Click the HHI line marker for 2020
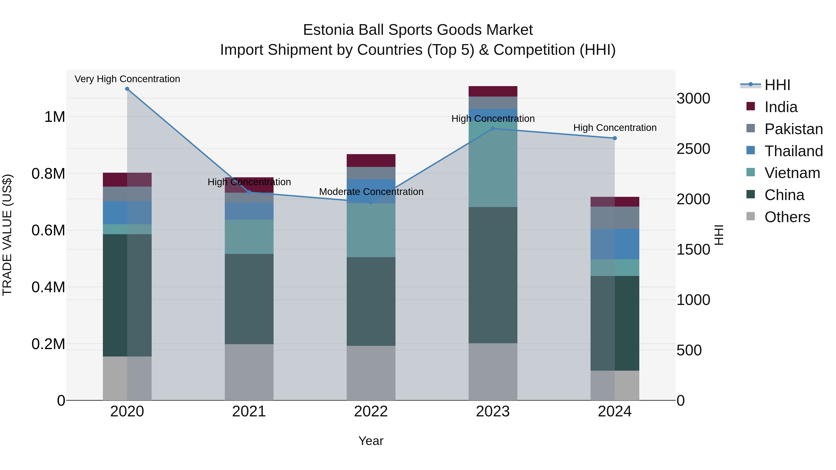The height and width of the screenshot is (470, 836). [x=127, y=89]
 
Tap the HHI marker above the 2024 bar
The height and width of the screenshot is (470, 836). [x=615, y=138]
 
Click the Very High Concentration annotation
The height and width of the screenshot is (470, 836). [x=127, y=79]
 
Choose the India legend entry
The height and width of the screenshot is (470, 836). [x=780, y=107]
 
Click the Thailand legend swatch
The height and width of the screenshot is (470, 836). [x=750, y=150]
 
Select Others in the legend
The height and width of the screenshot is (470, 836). [x=787, y=217]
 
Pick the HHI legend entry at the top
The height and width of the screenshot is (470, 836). [x=777, y=85]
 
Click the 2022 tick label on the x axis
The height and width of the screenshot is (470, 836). [x=371, y=411]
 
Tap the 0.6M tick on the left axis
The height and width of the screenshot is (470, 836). [x=48, y=230]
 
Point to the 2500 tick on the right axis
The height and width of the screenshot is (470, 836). [x=693, y=149]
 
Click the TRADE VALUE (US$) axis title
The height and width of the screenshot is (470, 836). [x=7, y=235]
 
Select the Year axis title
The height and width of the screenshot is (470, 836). [x=371, y=441]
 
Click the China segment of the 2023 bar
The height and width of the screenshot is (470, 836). [x=493, y=275]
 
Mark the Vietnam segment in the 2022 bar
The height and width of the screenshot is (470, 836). [x=371, y=230]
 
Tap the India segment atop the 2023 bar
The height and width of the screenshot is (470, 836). [x=493, y=91]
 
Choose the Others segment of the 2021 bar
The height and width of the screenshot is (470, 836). [x=249, y=372]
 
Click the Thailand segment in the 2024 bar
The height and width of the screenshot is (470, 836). [x=615, y=244]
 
